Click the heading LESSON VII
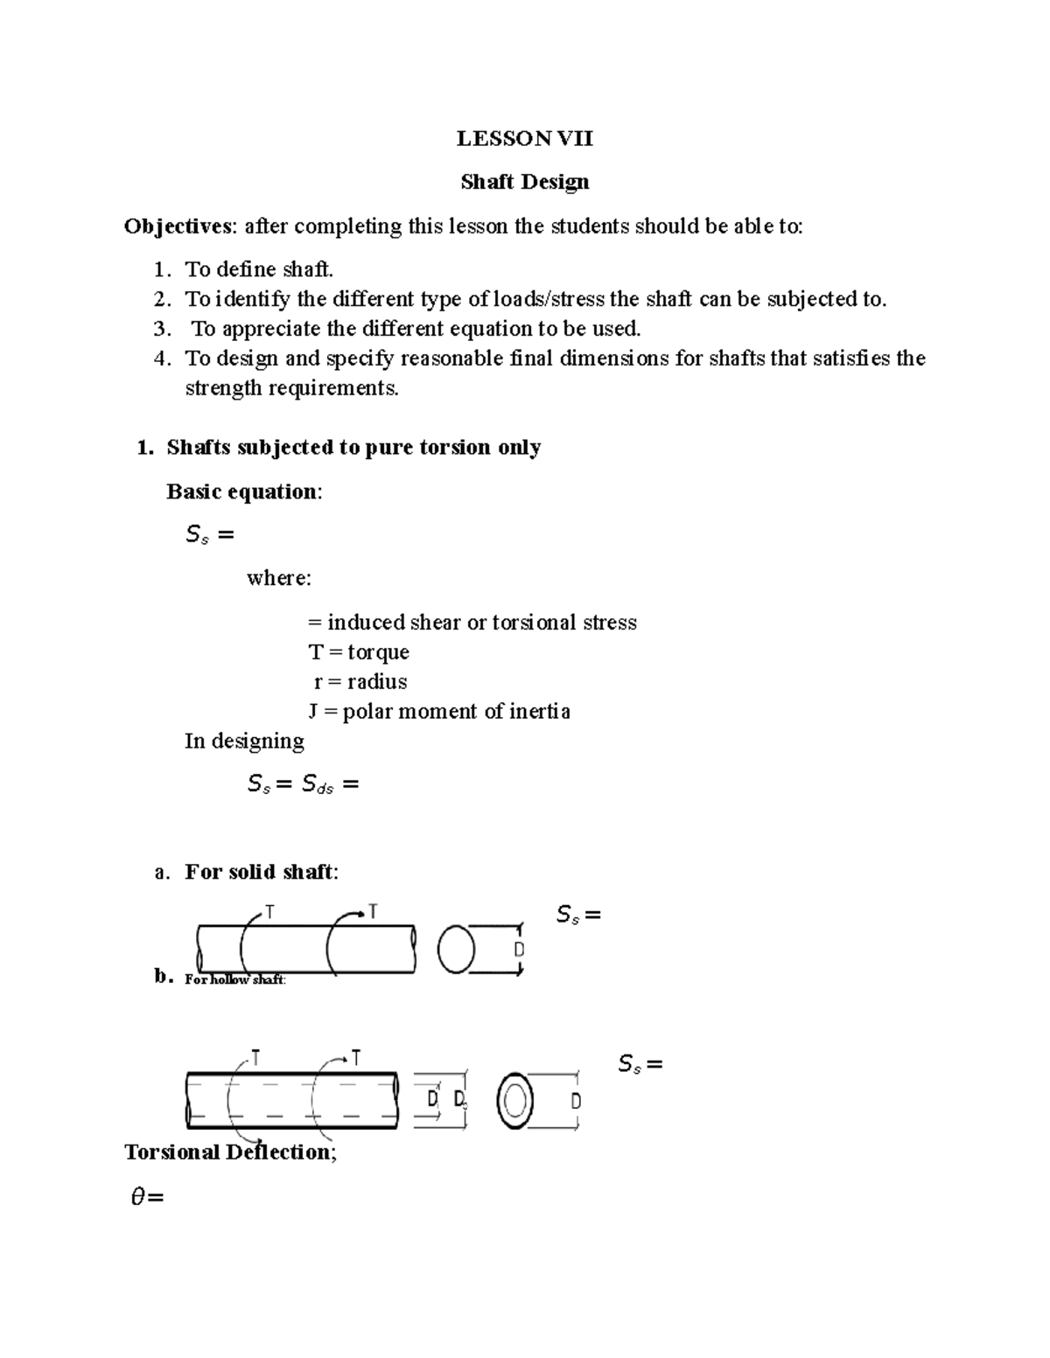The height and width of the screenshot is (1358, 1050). click(524, 138)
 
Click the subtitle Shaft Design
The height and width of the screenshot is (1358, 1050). click(524, 182)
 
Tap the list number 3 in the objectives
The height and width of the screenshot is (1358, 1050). click(160, 329)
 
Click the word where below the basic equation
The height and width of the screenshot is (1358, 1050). click(278, 578)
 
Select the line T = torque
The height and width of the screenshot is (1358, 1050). click(359, 652)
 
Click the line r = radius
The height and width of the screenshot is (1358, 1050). click(360, 682)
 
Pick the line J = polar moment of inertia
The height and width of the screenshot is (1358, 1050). click(439, 712)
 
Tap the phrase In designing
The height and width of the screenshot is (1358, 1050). click(244, 742)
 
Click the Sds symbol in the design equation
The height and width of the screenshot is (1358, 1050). click(317, 785)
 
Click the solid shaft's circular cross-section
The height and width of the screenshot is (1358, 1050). click(456, 950)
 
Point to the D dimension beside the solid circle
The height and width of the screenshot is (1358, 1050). click(518, 950)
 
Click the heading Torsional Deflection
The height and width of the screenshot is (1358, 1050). click(229, 1153)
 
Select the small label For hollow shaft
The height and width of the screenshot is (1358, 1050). click(234, 980)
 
